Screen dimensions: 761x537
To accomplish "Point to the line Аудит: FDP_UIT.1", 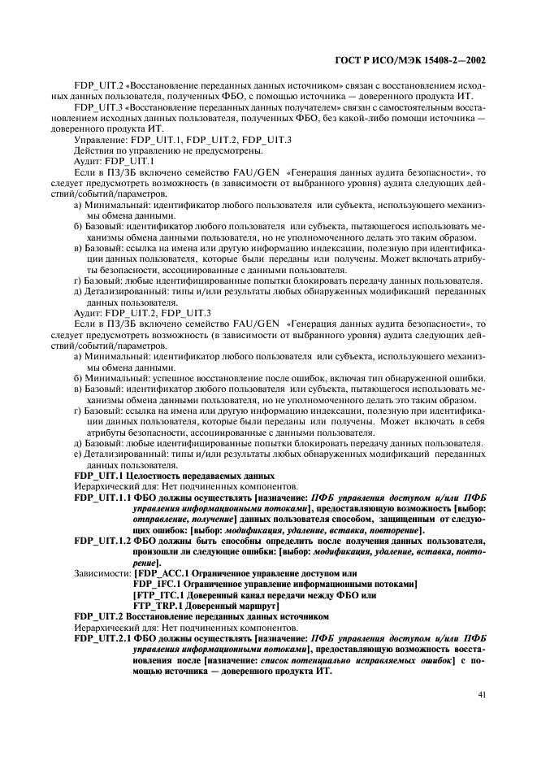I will [108, 161].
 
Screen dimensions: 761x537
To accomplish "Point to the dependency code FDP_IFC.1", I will [158, 584].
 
